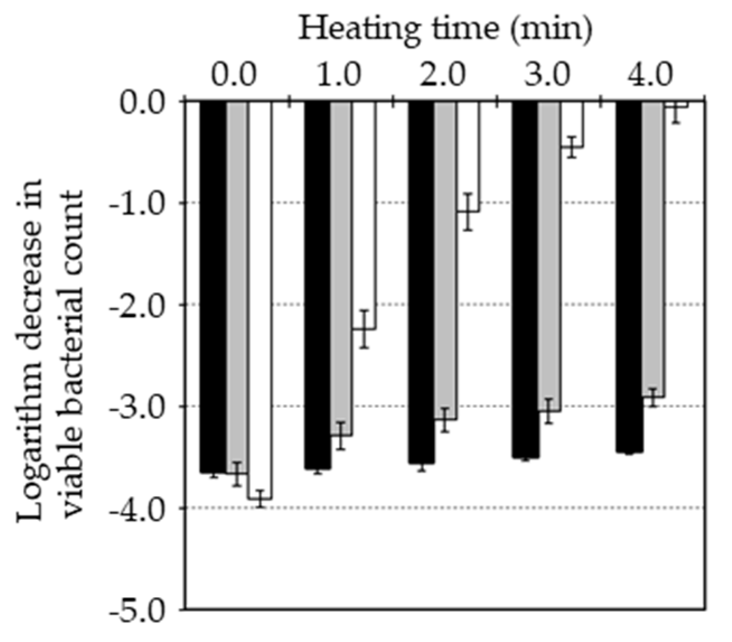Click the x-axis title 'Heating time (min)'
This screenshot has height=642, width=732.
point(444,28)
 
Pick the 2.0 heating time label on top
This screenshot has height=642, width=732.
point(444,75)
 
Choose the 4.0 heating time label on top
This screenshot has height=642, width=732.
point(651,75)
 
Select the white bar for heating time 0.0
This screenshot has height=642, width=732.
point(260,300)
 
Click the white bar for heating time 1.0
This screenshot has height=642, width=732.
point(364,216)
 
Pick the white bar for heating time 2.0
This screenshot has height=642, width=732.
point(468,157)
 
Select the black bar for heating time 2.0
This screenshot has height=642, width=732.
point(421,282)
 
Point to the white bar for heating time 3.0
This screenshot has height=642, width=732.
point(571,124)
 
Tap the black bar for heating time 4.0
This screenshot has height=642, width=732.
point(629,277)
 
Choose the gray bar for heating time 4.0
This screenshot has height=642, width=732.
point(653,249)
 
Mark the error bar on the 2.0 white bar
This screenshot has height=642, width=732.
point(468,212)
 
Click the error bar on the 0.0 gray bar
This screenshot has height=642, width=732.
point(237,474)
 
